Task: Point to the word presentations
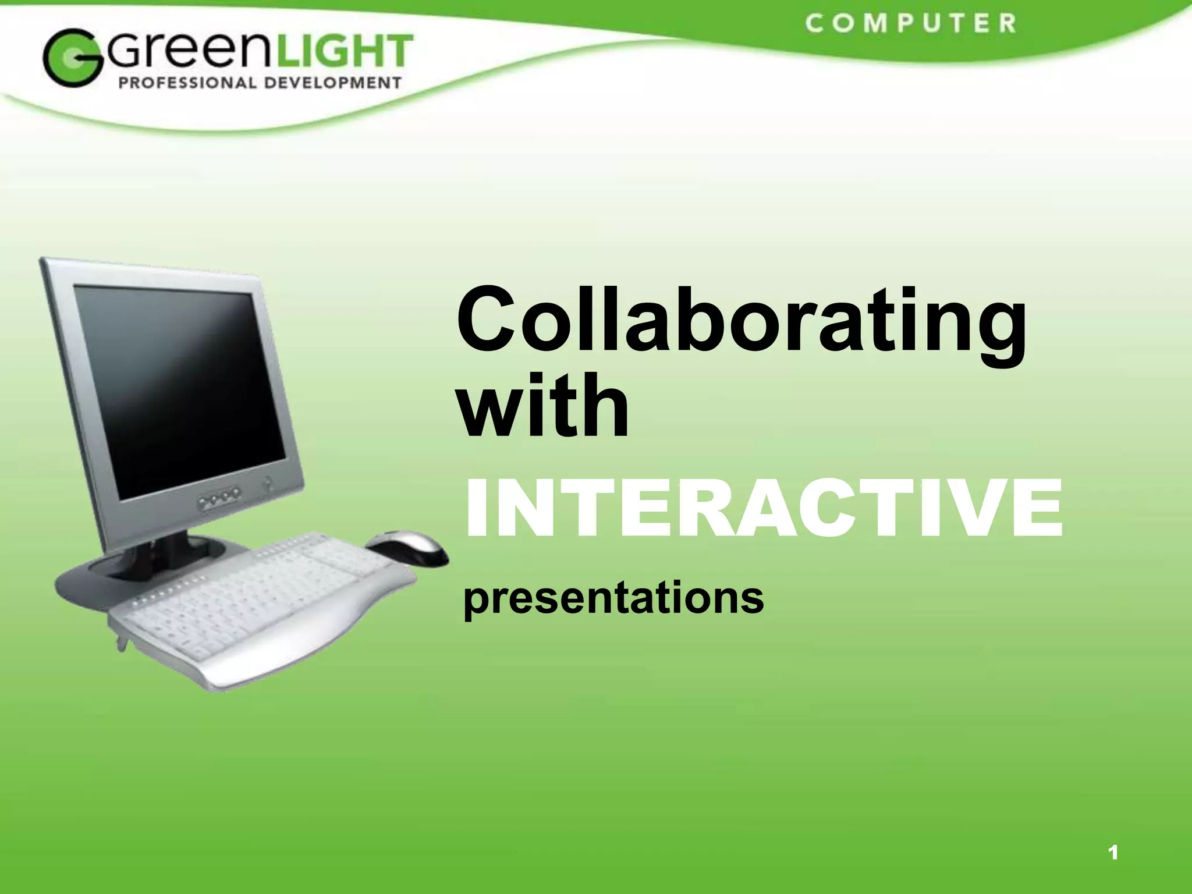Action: pyautogui.click(x=613, y=598)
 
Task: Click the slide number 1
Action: pyautogui.click(x=1113, y=853)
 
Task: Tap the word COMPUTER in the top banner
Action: pyautogui.click(x=911, y=24)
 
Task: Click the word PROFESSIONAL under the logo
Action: pyautogui.click(x=187, y=83)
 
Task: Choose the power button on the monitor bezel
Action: pyautogui.click(x=268, y=483)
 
